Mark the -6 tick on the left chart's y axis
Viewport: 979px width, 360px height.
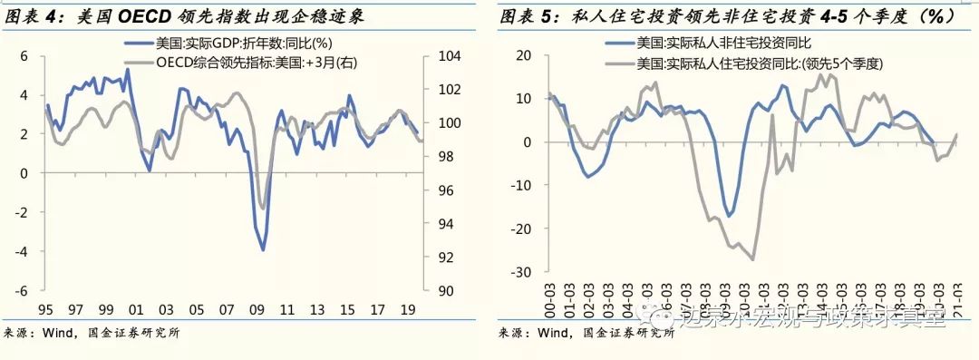pyautogui.click(x=23, y=291)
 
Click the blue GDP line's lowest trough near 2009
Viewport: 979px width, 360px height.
pyautogui.click(x=263, y=249)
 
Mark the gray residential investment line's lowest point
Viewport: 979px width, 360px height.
pyautogui.click(x=753, y=260)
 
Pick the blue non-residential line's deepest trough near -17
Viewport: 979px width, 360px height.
pyautogui.click(x=728, y=216)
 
